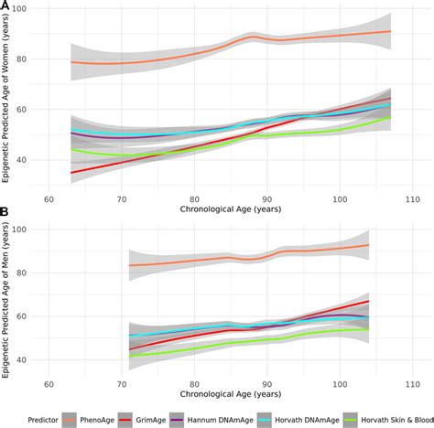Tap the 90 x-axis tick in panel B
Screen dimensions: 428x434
(266, 385)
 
